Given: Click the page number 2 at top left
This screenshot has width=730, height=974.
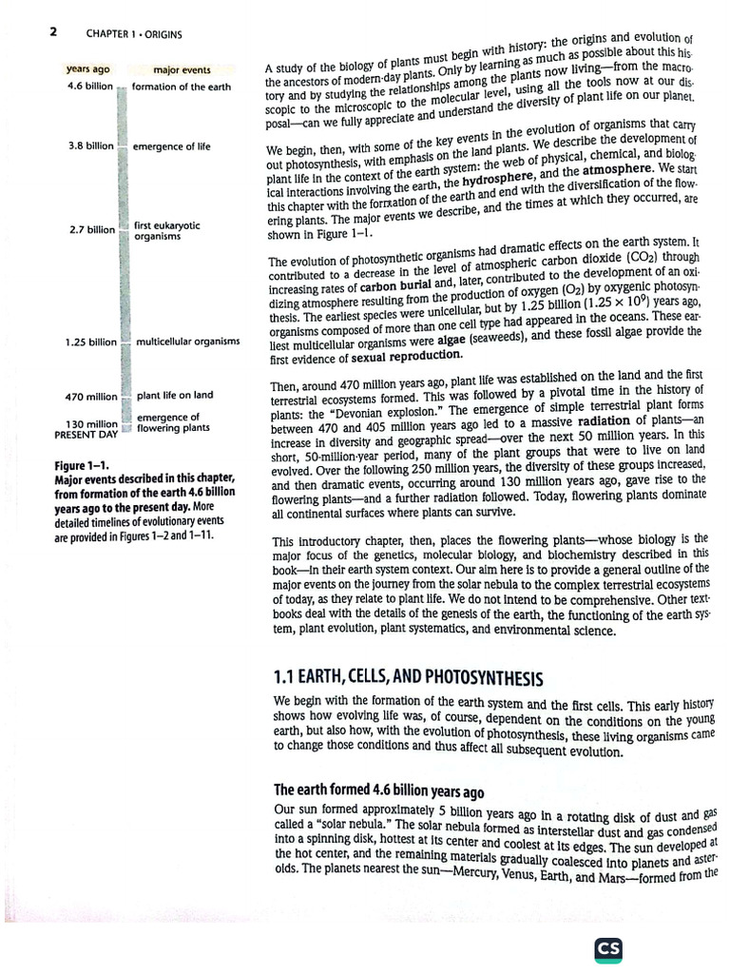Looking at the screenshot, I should (x=53, y=32).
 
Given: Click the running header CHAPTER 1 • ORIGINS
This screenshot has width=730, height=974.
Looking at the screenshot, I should (x=134, y=35).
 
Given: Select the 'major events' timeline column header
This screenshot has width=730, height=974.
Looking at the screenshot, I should (x=182, y=69).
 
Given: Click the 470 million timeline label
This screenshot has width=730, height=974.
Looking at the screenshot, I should (x=91, y=396).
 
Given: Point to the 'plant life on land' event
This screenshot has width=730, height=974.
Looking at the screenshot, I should (x=175, y=396).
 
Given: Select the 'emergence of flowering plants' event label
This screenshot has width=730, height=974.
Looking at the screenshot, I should (x=173, y=422).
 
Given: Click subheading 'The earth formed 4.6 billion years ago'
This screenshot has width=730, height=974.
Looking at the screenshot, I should (x=378, y=790).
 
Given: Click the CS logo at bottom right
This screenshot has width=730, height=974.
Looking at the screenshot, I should (x=607, y=949).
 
